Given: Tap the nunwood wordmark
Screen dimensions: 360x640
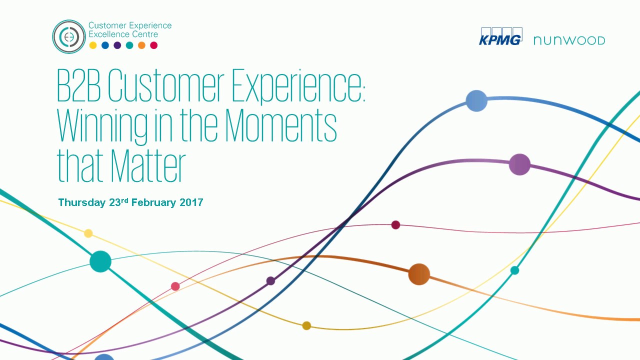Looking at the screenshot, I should tap(569, 40).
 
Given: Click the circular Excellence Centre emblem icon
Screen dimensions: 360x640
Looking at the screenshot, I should tap(69, 36).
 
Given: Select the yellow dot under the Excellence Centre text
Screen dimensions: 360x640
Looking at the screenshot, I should tap(93, 45).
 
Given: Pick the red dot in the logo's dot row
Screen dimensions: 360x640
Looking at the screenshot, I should tap(154, 45).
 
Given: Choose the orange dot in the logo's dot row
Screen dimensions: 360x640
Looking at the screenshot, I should tap(141, 45).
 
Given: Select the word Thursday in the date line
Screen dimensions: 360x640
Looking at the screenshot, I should tap(82, 202).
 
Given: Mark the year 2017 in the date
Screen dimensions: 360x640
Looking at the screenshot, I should tap(190, 202).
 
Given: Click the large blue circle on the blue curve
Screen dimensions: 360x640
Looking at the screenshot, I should tap(476, 101).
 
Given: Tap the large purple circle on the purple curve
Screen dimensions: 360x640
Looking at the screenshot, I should tap(519, 164).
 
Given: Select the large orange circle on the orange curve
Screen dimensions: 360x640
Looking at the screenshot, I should tap(419, 274).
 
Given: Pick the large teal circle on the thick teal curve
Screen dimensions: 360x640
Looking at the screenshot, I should tap(100, 261).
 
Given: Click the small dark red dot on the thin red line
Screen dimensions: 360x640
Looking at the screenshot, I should tap(395, 225).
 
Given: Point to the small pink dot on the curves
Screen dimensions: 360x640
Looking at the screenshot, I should tap(175, 286).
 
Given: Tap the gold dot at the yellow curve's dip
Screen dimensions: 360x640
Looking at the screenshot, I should tap(306, 326).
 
